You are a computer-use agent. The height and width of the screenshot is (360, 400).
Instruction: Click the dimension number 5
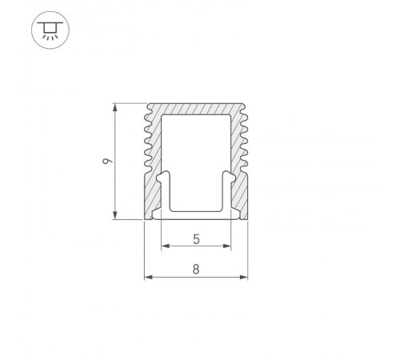[196, 238]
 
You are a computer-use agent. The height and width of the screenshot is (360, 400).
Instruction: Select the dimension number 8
[196, 270]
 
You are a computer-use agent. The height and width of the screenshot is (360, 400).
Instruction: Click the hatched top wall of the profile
[196, 109]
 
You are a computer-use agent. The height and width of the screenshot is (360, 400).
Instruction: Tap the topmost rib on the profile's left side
[147, 114]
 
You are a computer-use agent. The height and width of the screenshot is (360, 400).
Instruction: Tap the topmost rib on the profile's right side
[245, 114]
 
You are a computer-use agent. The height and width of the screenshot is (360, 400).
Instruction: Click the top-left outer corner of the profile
[150, 103]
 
